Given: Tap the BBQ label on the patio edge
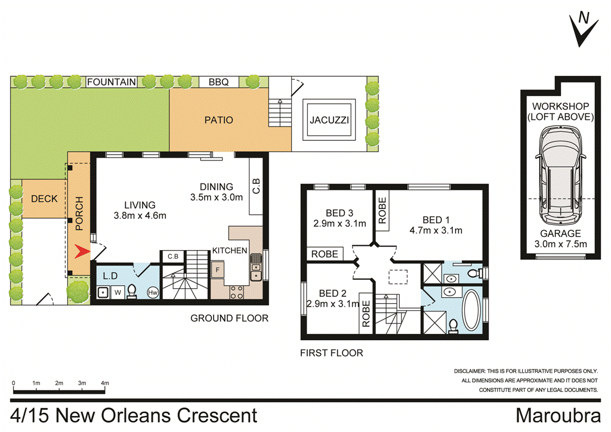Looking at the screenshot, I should [x=218, y=82].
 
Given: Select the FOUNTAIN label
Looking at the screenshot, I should [x=112, y=82].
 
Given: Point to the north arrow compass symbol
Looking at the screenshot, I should [x=582, y=28].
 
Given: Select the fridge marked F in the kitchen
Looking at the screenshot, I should [x=218, y=270].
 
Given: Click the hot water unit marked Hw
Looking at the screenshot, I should [x=152, y=292].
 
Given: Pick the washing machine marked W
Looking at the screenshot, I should [x=117, y=292].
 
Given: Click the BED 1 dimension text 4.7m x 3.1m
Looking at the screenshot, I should [x=436, y=230].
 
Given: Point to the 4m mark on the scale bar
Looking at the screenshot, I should [x=105, y=382].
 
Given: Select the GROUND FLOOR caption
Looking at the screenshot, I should [x=229, y=318].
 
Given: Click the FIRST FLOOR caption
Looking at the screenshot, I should [x=331, y=353].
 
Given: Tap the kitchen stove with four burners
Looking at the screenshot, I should [x=236, y=292].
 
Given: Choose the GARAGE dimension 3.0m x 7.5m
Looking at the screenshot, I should [x=560, y=243].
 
